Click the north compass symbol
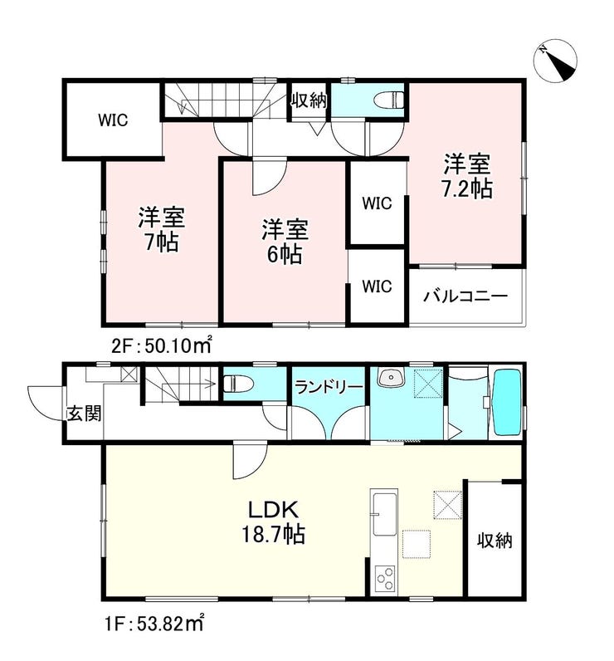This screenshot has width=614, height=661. (x=555, y=62)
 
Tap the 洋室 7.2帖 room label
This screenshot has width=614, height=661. (x=467, y=176)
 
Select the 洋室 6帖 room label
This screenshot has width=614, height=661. (x=285, y=242)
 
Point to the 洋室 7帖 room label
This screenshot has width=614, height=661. (x=161, y=229)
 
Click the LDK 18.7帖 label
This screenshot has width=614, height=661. (x=273, y=521)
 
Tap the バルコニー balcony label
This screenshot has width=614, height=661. (x=465, y=296)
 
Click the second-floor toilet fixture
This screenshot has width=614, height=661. (x=388, y=100)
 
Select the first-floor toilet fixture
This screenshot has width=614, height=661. (x=237, y=384)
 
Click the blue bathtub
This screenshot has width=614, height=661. (x=507, y=403)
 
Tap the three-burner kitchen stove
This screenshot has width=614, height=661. (x=385, y=578)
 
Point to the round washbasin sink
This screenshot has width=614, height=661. (x=390, y=376)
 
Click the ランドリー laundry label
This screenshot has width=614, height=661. (x=329, y=387)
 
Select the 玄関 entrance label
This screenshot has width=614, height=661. (x=85, y=414)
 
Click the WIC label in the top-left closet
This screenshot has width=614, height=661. (x=113, y=120)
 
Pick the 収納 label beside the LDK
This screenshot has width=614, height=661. (x=495, y=541)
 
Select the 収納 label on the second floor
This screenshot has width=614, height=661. (x=309, y=100)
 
